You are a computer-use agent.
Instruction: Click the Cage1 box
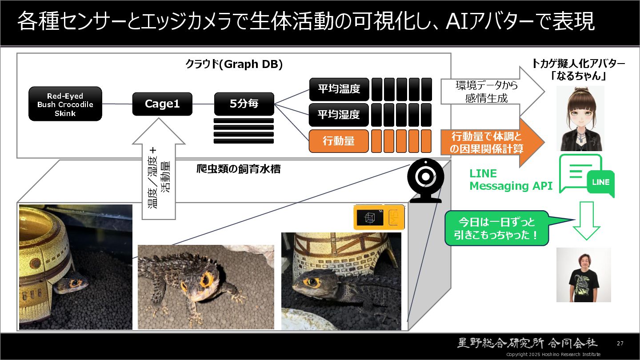162,104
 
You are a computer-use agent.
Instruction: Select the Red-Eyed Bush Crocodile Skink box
65,104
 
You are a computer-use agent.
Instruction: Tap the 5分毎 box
244,104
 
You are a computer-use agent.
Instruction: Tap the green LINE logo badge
600,182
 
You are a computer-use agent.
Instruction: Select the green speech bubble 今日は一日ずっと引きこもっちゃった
497,228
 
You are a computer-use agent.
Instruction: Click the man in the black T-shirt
584,276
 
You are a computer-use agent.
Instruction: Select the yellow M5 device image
379,217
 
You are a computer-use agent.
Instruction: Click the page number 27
620,343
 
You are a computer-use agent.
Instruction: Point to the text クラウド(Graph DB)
234,64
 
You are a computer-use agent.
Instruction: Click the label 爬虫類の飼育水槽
238,169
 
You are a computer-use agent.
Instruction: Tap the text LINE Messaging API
511,180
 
